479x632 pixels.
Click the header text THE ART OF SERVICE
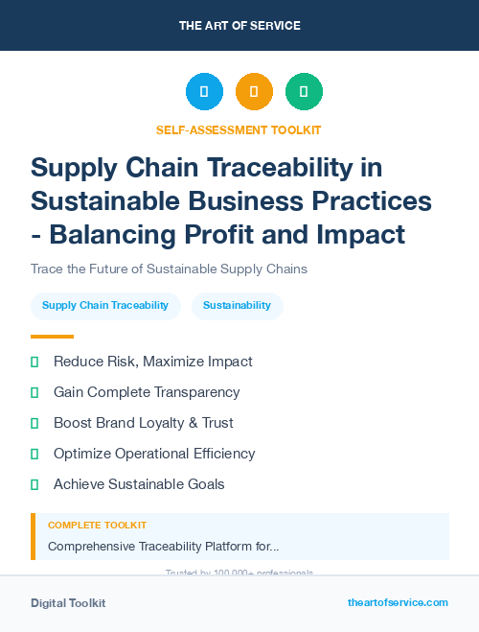click(239, 26)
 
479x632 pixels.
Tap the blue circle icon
click(204, 92)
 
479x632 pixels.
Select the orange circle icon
click(254, 92)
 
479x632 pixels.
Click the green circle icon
click(304, 92)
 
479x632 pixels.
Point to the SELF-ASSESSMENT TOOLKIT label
click(239, 129)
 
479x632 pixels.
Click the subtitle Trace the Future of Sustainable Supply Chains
click(169, 269)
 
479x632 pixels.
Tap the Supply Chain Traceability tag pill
click(105, 306)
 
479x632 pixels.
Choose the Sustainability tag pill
click(237, 306)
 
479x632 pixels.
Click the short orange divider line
click(52, 337)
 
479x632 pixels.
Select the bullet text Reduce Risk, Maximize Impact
click(152, 362)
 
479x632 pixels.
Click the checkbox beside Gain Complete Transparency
click(34, 392)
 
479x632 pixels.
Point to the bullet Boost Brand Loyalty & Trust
click(143, 423)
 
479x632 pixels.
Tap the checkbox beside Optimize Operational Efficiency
click(34, 454)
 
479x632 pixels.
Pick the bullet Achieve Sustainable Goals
click(139, 484)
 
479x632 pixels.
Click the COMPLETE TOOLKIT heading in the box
click(97, 526)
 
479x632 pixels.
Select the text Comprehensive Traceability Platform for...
click(163, 547)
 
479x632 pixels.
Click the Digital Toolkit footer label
click(68, 603)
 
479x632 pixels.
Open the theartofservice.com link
click(398, 602)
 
